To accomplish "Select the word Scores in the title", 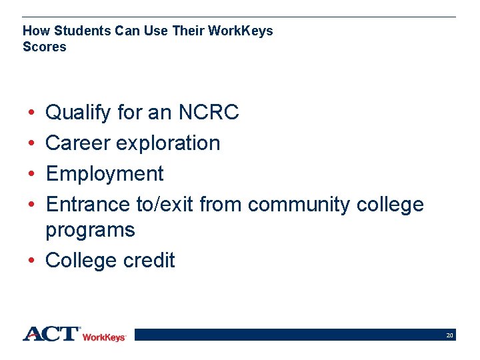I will coord(45,47).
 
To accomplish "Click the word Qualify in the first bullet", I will coord(78,113).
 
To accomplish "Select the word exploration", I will coord(167,143).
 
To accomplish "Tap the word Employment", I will coord(104,173).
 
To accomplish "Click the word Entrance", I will coord(88,204).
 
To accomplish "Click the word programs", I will coord(90,230).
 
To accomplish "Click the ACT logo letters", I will coord(51,333).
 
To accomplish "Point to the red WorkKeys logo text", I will coord(104,337).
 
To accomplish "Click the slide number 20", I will coord(450,335).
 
